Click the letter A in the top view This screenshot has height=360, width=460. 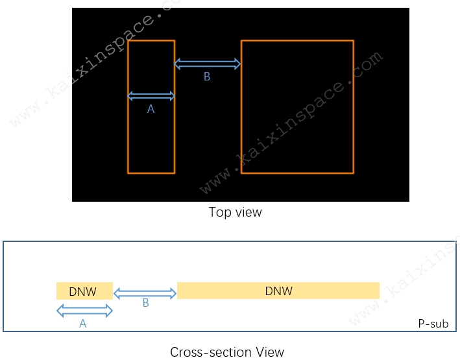(x=151, y=109)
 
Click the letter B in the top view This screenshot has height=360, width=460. (x=207, y=77)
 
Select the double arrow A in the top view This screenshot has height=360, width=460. (x=151, y=96)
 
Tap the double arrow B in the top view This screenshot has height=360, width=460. (x=208, y=64)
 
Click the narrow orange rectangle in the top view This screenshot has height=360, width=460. (x=128, y=107)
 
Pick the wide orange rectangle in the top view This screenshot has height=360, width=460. (x=241, y=107)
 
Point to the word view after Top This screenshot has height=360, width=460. (x=248, y=212)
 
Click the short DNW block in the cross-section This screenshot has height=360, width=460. (x=84, y=291)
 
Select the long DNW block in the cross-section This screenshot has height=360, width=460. (x=278, y=291)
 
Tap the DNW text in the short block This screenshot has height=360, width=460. (x=83, y=292)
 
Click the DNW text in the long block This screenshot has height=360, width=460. (x=279, y=291)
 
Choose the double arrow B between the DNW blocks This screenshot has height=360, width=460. (x=145, y=293)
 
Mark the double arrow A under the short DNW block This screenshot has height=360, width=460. (x=84, y=311)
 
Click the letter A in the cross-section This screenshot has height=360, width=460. (x=83, y=324)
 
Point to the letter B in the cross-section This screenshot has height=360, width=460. (x=146, y=303)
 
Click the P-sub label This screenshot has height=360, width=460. (x=433, y=324)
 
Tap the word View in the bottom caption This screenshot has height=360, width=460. (x=270, y=352)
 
